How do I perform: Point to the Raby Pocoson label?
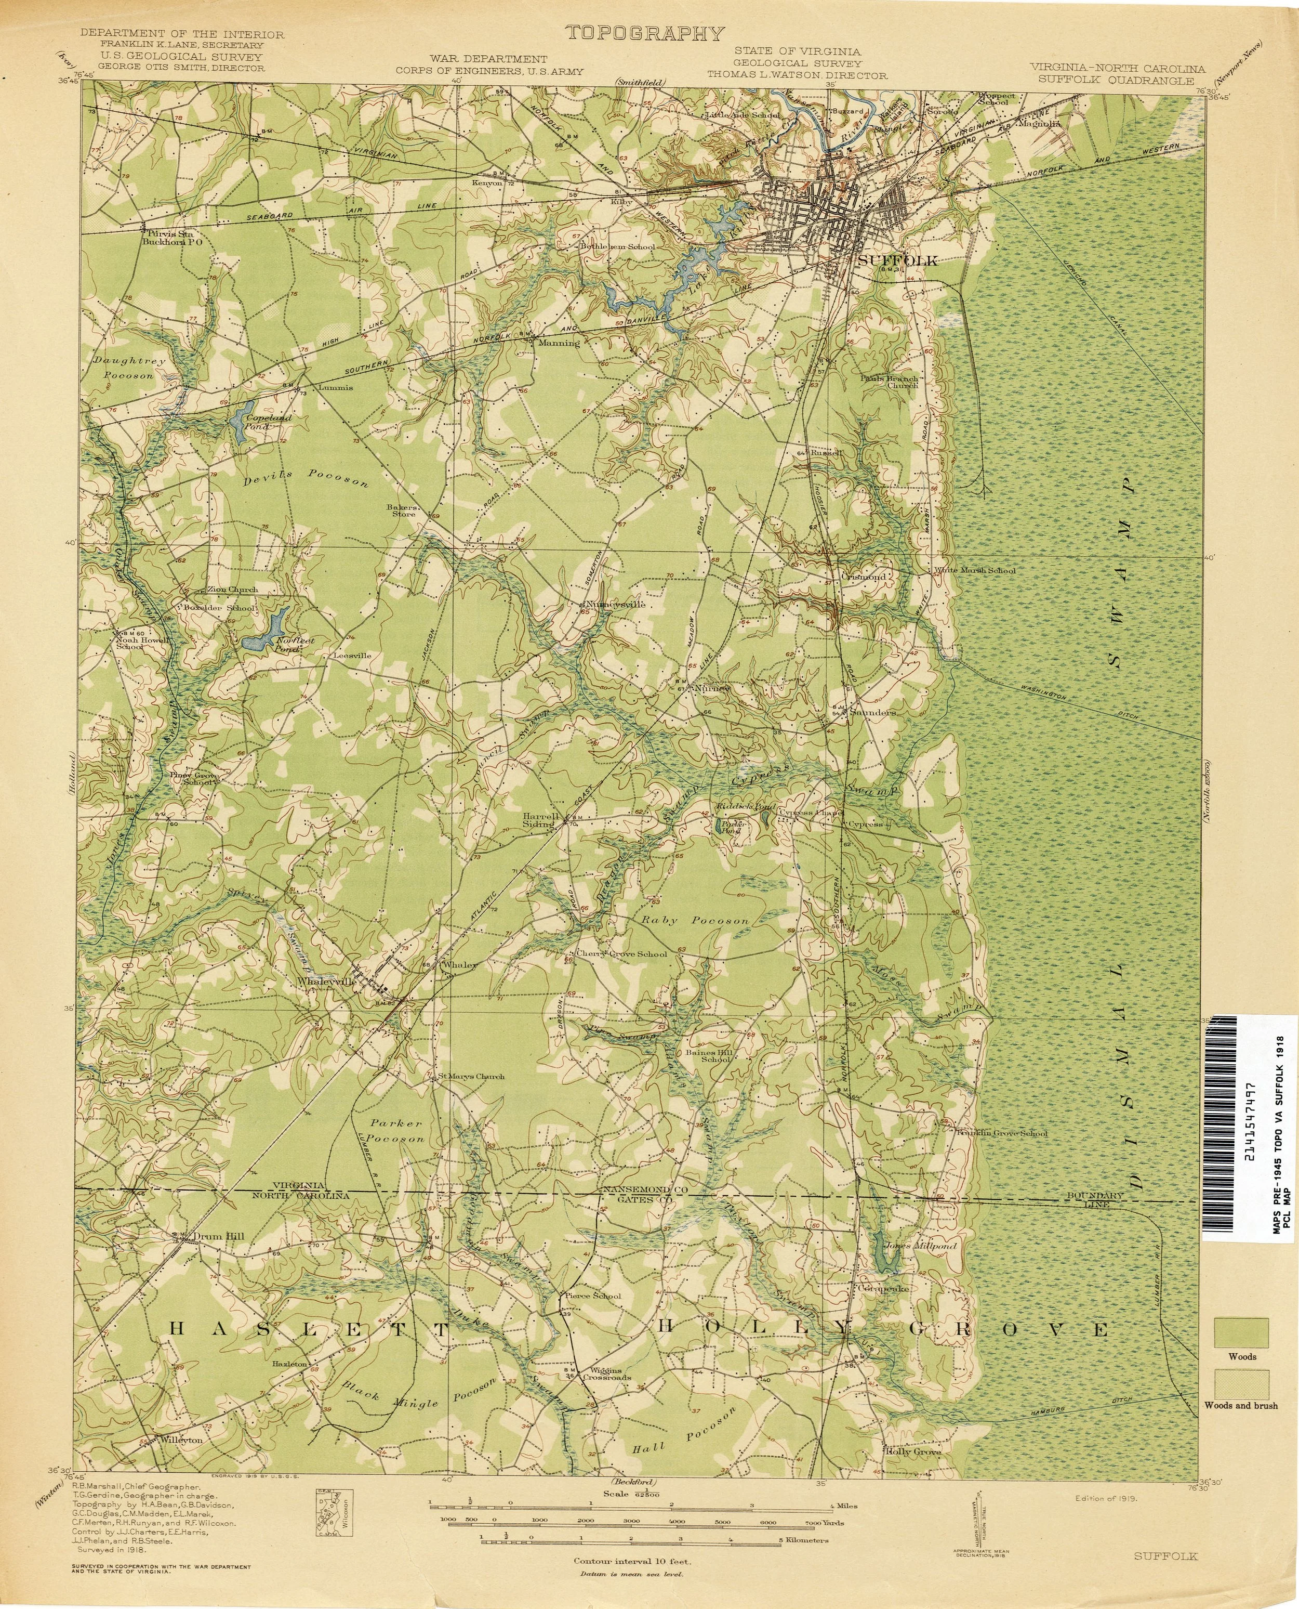tap(692, 920)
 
